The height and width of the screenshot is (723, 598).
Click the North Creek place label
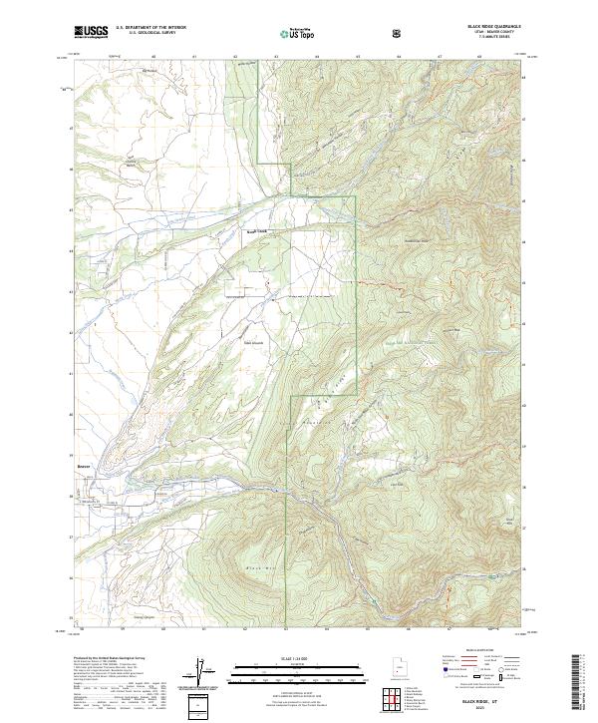click(x=257, y=231)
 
